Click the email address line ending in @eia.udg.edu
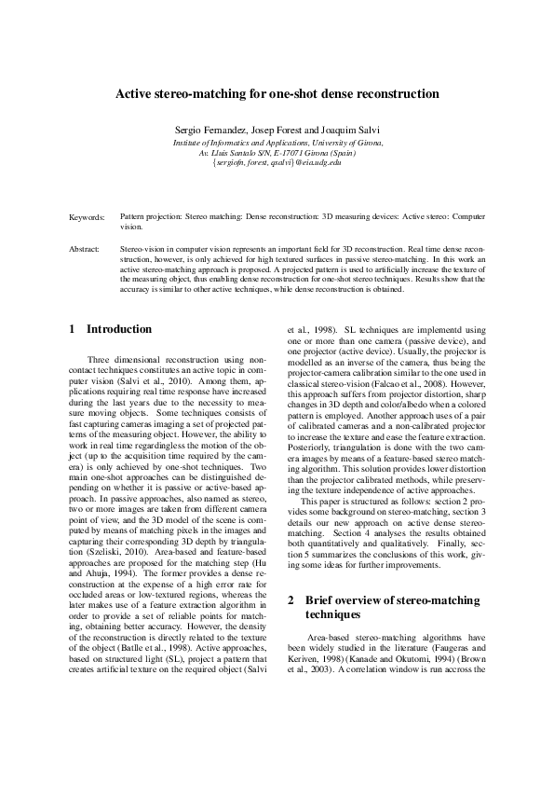(x=277, y=161)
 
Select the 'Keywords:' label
(x=87, y=217)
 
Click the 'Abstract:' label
(x=85, y=251)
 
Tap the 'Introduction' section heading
(x=118, y=329)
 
